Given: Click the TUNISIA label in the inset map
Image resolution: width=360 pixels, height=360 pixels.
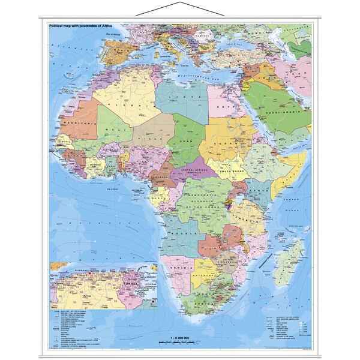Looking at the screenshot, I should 130,280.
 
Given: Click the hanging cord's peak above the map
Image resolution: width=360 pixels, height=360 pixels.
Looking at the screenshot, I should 179,4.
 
